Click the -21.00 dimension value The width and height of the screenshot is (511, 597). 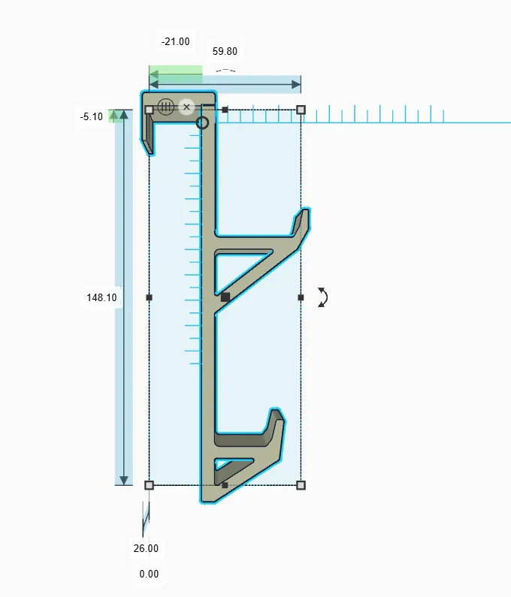(x=175, y=41)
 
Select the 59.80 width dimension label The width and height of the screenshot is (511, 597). (x=225, y=51)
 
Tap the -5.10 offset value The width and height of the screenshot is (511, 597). (x=92, y=117)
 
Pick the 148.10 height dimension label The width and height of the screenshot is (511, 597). (x=101, y=297)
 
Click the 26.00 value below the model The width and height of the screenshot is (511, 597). (x=146, y=548)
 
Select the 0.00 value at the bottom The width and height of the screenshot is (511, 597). (x=149, y=574)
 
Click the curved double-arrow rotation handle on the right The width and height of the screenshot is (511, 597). (x=323, y=297)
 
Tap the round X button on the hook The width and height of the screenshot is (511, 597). (x=186, y=107)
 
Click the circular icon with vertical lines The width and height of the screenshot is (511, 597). (x=166, y=107)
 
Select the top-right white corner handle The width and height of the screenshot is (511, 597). (x=301, y=110)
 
